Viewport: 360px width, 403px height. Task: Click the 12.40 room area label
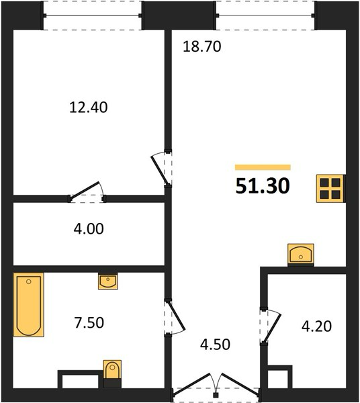[x=89, y=107]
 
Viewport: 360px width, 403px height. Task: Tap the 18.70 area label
[x=202, y=47]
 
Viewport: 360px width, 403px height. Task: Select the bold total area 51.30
[x=263, y=186]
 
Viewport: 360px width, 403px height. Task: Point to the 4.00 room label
[x=89, y=229]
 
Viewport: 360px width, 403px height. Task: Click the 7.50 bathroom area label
[x=89, y=322]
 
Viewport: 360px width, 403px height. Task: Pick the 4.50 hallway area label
[x=216, y=345]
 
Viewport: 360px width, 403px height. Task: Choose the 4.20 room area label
[x=316, y=326]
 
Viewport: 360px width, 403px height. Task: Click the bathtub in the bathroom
[x=28, y=305]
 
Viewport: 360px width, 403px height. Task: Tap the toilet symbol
[x=112, y=369]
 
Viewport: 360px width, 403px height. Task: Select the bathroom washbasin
[x=108, y=281]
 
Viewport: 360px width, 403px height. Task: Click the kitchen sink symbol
[x=301, y=254]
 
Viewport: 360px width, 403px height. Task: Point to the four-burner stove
[x=330, y=188]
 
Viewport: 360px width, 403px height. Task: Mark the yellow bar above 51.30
[x=263, y=167]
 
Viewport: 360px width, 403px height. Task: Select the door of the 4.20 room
[x=272, y=328]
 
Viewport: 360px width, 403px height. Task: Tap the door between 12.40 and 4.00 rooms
[x=84, y=191]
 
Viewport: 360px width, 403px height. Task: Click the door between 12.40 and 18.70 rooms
[x=159, y=170]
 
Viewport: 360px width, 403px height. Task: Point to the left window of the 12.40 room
[x=93, y=15]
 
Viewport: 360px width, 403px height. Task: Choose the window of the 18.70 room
[x=265, y=15]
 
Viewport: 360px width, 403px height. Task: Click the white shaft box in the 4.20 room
[x=278, y=379]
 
